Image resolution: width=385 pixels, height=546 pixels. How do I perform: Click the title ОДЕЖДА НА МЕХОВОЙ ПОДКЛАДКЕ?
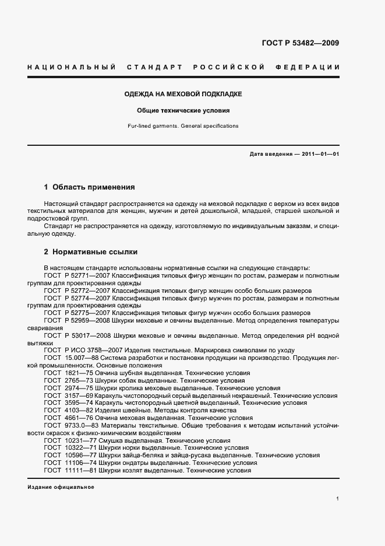coord(183,94)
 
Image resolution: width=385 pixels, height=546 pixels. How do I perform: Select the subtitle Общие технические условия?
coord(183,110)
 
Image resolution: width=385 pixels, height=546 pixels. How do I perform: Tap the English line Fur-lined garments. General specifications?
coord(183,126)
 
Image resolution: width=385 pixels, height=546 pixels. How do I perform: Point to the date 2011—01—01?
coord(320,154)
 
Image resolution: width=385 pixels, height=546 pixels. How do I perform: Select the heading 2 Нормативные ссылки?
coord(91,252)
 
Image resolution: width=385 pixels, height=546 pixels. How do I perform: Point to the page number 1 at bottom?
coord(338,499)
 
